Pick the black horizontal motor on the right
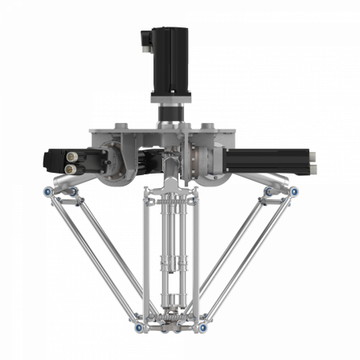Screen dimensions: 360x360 [x=277, y=158]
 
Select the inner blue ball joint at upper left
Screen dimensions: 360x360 [x=72, y=192]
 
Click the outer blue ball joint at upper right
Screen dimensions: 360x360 [x=294, y=192]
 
